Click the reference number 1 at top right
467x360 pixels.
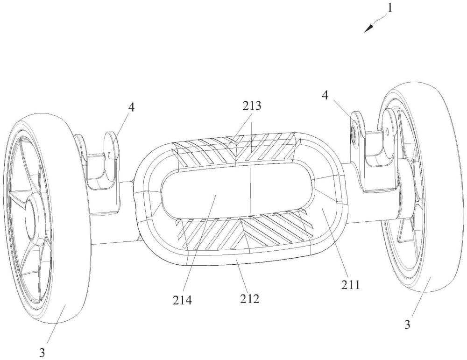[389, 7]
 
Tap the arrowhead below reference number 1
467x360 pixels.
[369, 28]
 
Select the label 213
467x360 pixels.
[252, 106]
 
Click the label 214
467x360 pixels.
[182, 300]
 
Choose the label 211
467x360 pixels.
[351, 285]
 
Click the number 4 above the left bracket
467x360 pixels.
[131, 107]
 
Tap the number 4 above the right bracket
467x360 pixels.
[325, 96]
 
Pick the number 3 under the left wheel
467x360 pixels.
[42, 353]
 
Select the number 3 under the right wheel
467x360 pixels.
[407, 324]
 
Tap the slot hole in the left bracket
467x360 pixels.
[110, 155]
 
